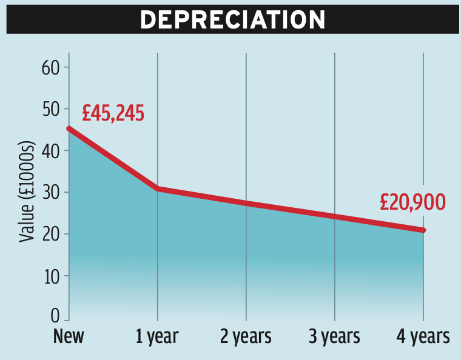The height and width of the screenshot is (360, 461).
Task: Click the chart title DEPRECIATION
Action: click(x=232, y=20)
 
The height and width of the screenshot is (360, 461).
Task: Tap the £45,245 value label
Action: click(x=113, y=113)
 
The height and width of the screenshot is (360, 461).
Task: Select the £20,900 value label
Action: click(x=413, y=202)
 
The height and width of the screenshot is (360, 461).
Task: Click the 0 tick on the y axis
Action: click(x=55, y=316)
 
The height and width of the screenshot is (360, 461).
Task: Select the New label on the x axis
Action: click(x=69, y=336)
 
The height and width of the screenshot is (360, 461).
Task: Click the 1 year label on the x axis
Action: click(x=158, y=336)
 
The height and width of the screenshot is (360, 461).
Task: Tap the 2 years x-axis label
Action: click(x=246, y=336)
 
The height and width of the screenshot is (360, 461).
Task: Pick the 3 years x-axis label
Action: click(x=334, y=336)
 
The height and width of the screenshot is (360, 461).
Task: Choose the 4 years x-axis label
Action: click(x=423, y=336)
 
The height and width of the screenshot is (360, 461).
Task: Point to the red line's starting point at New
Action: click(x=69, y=128)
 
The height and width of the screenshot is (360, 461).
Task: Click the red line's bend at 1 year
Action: click(x=158, y=189)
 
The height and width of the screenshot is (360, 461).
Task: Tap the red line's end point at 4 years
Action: click(x=423, y=230)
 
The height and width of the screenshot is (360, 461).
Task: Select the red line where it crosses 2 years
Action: click(x=246, y=204)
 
